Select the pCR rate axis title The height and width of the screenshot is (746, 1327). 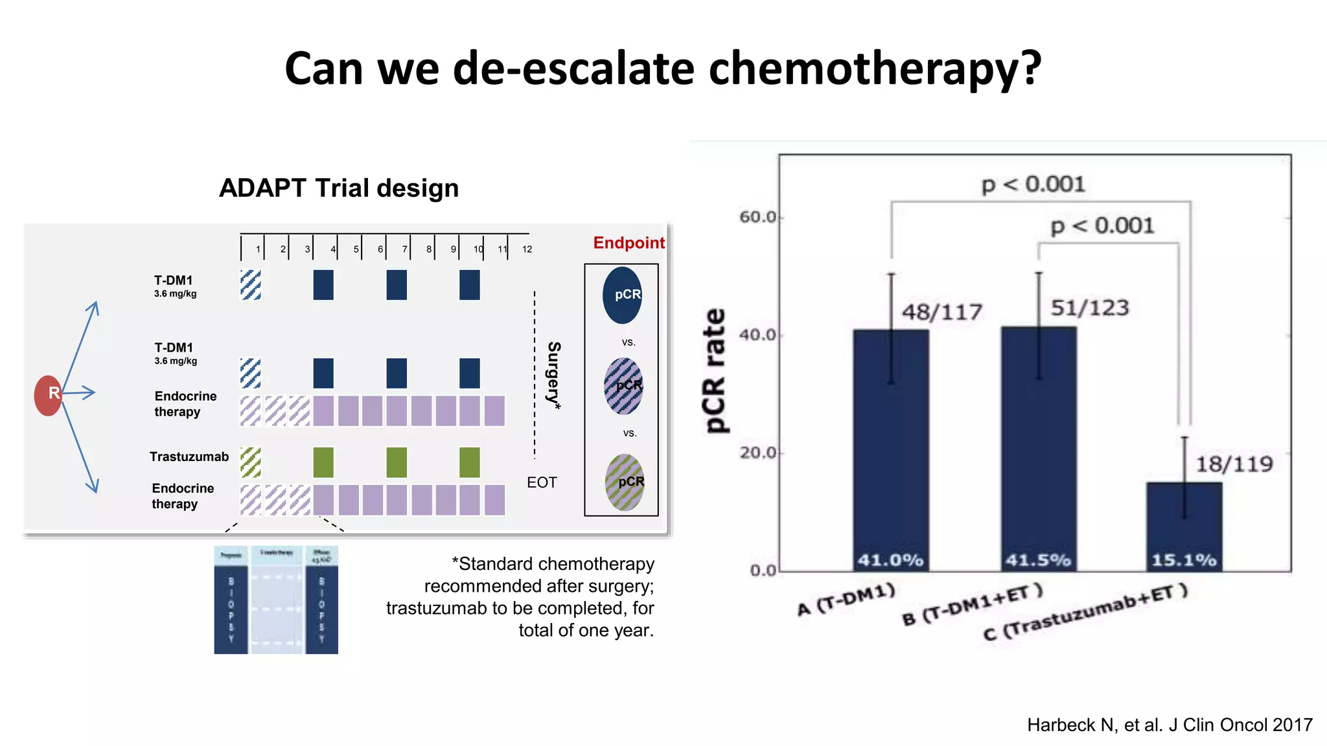pyautogui.click(x=715, y=370)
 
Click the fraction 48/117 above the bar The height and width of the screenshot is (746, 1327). pyautogui.click(x=942, y=313)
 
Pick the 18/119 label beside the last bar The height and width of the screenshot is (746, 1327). pyautogui.click(x=1234, y=464)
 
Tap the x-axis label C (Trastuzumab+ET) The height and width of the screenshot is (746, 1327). pyautogui.click(x=1085, y=612)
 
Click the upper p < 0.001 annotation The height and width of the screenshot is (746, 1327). pyautogui.click(x=1033, y=185)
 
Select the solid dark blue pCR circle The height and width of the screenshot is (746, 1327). pyautogui.click(x=623, y=295)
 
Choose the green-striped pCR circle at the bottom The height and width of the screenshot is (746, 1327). pyautogui.click(x=625, y=482)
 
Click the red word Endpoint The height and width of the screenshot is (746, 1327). pyautogui.click(x=629, y=243)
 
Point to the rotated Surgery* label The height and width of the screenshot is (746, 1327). pyautogui.click(x=553, y=376)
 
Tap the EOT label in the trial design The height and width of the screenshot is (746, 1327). pyautogui.click(x=542, y=482)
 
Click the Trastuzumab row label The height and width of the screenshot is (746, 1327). pyautogui.click(x=189, y=457)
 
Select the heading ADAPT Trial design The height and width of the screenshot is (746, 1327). pyautogui.click(x=339, y=188)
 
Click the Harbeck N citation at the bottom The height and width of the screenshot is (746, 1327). pyautogui.click(x=1170, y=725)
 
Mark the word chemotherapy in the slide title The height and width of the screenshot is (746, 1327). pyautogui.click(x=875, y=69)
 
